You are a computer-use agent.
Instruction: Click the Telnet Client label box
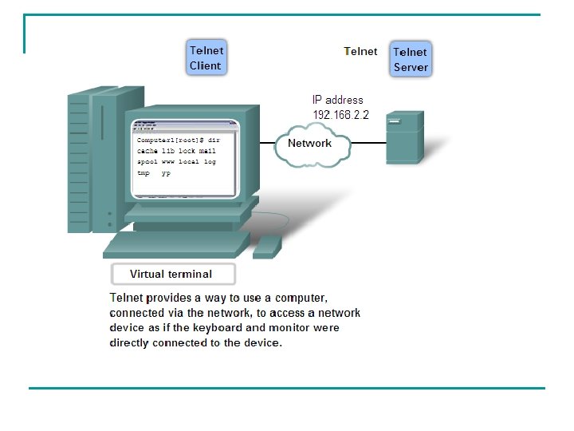click(x=206, y=57)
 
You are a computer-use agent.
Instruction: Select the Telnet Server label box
click(x=411, y=59)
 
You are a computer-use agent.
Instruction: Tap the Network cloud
click(x=310, y=144)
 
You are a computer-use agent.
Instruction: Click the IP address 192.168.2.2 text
click(x=340, y=108)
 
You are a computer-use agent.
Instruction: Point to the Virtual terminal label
click(x=171, y=274)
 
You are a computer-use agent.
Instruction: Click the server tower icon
click(x=403, y=137)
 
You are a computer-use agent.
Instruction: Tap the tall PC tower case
click(x=88, y=160)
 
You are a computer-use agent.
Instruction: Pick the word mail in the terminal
click(x=207, y=151)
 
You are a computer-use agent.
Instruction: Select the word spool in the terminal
click(x=147, y=161)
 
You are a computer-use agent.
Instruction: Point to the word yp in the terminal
click(x=166, y=172)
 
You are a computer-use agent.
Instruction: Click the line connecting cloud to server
click(x=368, y=144)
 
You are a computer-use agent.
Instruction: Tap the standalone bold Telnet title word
click(x=360, y=51)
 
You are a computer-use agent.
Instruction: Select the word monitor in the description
click(x=296, y=327)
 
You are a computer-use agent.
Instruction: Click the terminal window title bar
click(x=185, y=125)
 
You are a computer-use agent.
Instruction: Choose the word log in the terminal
click(x=210, y=161)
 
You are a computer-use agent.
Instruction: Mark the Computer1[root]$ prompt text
click(x=164, y=140)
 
